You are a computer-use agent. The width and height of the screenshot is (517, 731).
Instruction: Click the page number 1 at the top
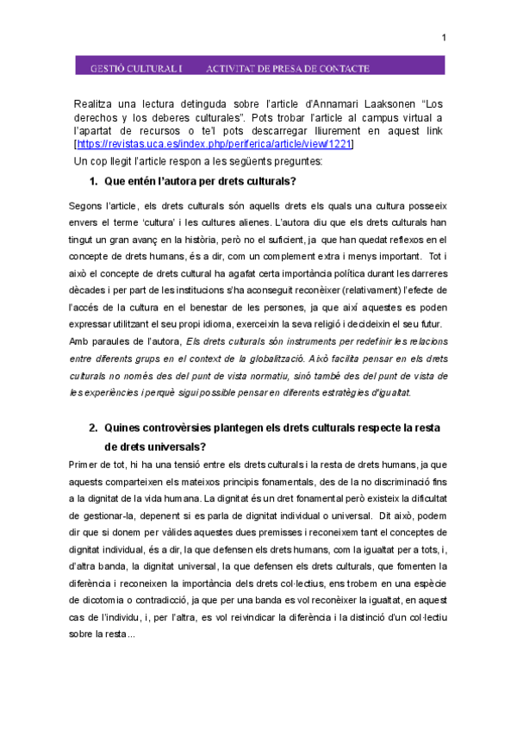(x=444, y=37)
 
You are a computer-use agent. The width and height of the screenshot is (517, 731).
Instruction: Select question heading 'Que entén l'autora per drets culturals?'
(x=200, y=182)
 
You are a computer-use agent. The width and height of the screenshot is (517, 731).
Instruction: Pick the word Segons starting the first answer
(x=84, y=206)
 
